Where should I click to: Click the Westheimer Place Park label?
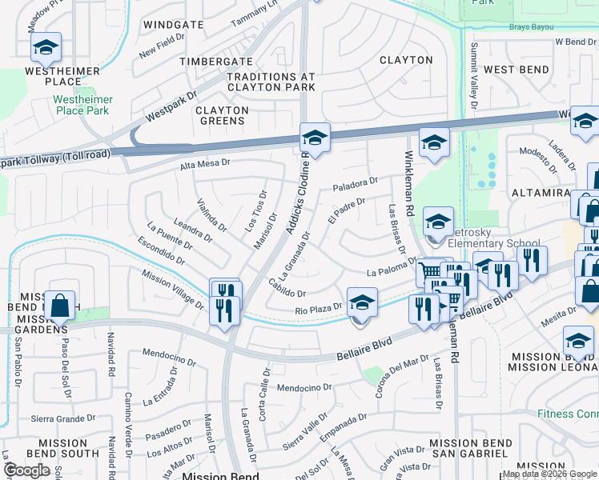[83, 105]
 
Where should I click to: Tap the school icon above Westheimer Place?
[46, 48]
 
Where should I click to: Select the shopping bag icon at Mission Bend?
[60, 305]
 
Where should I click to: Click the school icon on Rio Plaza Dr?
[362, 303]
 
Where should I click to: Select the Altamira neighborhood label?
[540, 194]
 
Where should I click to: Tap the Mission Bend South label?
[68, 448]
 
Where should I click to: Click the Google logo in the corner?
[26, 470]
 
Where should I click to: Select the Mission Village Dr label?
[172, 288]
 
